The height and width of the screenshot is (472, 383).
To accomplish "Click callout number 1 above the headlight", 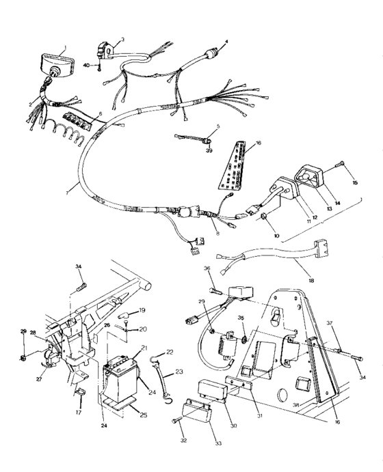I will click(65, 49).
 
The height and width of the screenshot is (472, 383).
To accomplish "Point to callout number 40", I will click(87, 66).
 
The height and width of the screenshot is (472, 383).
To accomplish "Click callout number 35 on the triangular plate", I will click(241, 318).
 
